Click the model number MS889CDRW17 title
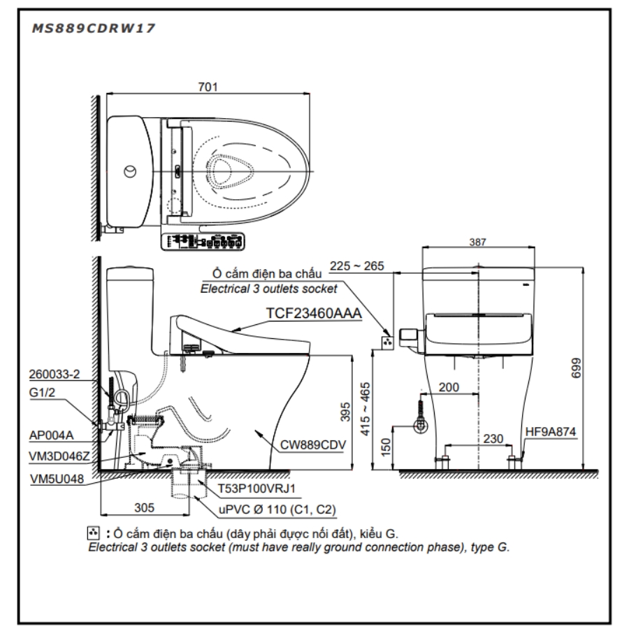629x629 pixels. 93,28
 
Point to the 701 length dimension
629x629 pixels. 208,87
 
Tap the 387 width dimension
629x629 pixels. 477,242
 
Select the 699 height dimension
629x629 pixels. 576,368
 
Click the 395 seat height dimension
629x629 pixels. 345,412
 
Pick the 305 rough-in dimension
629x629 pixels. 145,507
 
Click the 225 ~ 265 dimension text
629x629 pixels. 356,266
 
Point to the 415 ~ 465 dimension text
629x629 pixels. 365,409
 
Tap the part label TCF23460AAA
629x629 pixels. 314,313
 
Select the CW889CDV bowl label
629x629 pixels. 313,444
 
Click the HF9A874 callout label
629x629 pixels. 551,432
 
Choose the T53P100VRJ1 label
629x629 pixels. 256,489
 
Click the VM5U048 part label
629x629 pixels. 57,479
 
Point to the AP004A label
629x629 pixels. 51,435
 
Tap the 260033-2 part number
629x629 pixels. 54,375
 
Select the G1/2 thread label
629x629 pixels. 42,392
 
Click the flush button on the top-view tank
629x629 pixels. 129,171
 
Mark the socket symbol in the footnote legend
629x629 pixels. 93,533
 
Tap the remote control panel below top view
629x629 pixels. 203,242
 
